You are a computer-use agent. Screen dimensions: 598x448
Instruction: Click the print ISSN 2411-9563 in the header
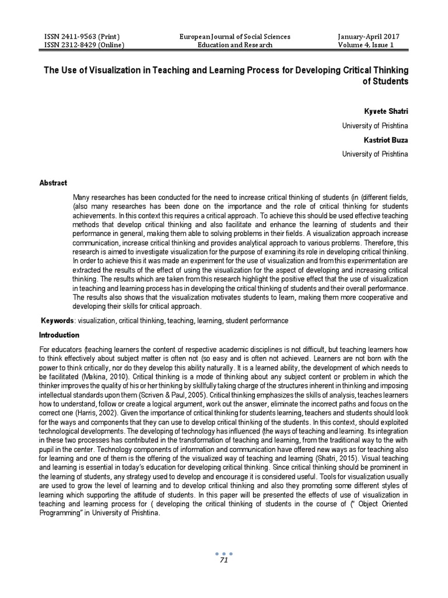[x=84, y=36]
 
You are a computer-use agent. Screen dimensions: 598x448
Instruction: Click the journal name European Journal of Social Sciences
[x=235, y=36]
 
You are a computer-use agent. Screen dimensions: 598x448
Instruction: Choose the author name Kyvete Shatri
[x=386, y=110]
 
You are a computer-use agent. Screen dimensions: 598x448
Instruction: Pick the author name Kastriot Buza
[x=386, y=140]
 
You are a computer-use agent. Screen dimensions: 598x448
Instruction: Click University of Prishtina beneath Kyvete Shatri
[x=375, y=126]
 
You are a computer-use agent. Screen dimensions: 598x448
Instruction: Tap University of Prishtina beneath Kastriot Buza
[x=375, y=154]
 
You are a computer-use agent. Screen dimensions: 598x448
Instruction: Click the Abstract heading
[x=53, y=183]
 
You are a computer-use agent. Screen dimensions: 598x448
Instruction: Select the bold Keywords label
[x=58, y=321]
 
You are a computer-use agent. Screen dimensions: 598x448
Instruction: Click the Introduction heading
[x=59, y=335]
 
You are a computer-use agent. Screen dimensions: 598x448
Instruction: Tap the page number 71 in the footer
[x=223, y=561]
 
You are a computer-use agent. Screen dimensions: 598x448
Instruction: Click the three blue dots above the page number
[x=223, y=553]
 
